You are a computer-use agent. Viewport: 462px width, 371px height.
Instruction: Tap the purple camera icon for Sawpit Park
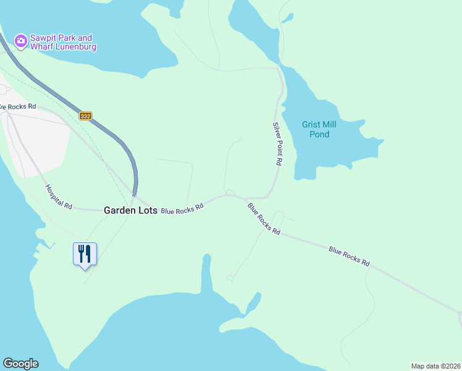pyautogui.click(x=20, y=41)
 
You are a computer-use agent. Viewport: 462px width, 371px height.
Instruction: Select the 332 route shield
pyautogui.click(x=86, y=116)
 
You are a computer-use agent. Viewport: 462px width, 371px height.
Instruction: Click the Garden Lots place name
pyautogui.click(x=130, y=210)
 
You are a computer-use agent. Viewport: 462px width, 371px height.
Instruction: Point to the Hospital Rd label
pyautogui.click(x=59, y=197)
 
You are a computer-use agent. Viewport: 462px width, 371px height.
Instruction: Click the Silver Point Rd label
pyautogui.click(x=277, y=143)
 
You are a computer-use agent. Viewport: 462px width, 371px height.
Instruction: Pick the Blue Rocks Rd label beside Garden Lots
pyautogui.click(x=182, y=209)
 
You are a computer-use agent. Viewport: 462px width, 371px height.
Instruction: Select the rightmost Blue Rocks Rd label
pyautogui.click(x=349, y=257)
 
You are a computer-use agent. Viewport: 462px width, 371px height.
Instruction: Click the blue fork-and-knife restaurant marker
pyautogui.click(x=85, y=254)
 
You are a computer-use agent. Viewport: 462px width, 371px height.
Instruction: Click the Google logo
pyautogui.click(x=20, y=364)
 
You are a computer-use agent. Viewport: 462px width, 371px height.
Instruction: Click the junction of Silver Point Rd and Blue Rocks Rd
pyautogui.click(x=266, y=197)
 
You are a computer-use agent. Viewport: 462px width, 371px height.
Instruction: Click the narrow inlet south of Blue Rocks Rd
pyautogui.click(x=206, y=275)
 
